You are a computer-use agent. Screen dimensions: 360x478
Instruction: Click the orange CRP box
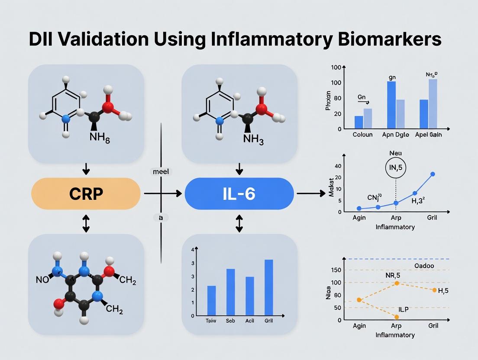pyautogui.click(x=86, y=193)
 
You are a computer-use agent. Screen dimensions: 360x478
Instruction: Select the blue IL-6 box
pyautogui.click(x=239, y=193)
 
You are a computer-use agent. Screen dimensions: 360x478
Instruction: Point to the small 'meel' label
pyautogui.click(x=161, y=172)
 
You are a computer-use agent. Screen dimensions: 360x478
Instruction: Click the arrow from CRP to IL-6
pyautogui.click(x=162, y=193)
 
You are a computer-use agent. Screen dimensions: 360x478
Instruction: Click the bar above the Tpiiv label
pyautogui.click(x=211, y=300)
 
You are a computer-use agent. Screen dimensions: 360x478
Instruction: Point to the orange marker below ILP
pyautogui.click(x=397, y=317)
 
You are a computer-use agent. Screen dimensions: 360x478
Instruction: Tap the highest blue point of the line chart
pyautogui.click(x=433, y=174)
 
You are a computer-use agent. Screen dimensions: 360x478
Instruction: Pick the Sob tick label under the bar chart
pyautogui.click(x=230, y=321)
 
